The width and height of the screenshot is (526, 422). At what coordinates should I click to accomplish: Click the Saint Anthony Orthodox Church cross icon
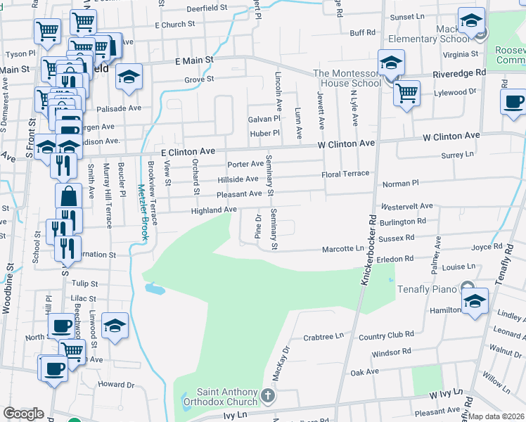point(267,397)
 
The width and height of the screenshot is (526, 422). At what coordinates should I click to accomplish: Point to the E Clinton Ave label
point(187,151)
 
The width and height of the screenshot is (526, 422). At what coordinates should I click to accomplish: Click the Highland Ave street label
point(213,210)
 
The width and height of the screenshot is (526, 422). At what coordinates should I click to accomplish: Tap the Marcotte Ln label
point(343,248)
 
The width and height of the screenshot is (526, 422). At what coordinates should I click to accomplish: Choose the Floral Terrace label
point(345,173)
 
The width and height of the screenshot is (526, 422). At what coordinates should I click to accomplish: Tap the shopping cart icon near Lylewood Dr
point(406,92)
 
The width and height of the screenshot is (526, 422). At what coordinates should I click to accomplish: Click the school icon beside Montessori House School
point(390,63)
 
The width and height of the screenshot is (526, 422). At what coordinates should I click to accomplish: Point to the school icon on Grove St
point(129,77)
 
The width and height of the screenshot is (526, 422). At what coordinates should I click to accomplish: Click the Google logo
point(23,414)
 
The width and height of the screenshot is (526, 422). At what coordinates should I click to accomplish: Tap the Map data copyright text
point(496,416)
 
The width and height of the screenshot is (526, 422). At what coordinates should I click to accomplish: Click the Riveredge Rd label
point(461,72)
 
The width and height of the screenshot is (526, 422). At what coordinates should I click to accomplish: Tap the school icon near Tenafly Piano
point(475,301)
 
